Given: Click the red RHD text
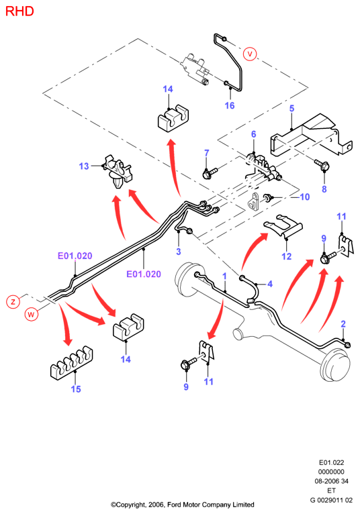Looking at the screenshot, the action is point(19,11).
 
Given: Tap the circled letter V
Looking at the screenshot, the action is point(250,54).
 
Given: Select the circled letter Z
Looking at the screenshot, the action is point(13,301).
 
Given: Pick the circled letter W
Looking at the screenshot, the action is point(31,314).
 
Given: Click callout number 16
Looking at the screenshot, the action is point(230,105).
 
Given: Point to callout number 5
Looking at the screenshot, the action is point(291,108).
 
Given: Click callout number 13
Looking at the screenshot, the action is point(84,166).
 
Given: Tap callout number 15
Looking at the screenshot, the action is point(76,389).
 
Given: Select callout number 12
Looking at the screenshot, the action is point(287,256).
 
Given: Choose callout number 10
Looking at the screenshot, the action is point(305,197).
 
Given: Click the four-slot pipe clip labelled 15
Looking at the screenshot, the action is point(72,363).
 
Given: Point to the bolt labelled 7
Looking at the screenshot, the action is point(210,172).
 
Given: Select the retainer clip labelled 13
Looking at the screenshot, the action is point(118,172).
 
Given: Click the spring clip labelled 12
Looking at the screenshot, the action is point(283,225).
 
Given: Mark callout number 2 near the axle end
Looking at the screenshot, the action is point(343,324).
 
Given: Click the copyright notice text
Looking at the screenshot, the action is point(183,505).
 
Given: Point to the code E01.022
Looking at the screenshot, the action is point(331,462).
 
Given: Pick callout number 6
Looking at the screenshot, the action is point(254,134).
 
